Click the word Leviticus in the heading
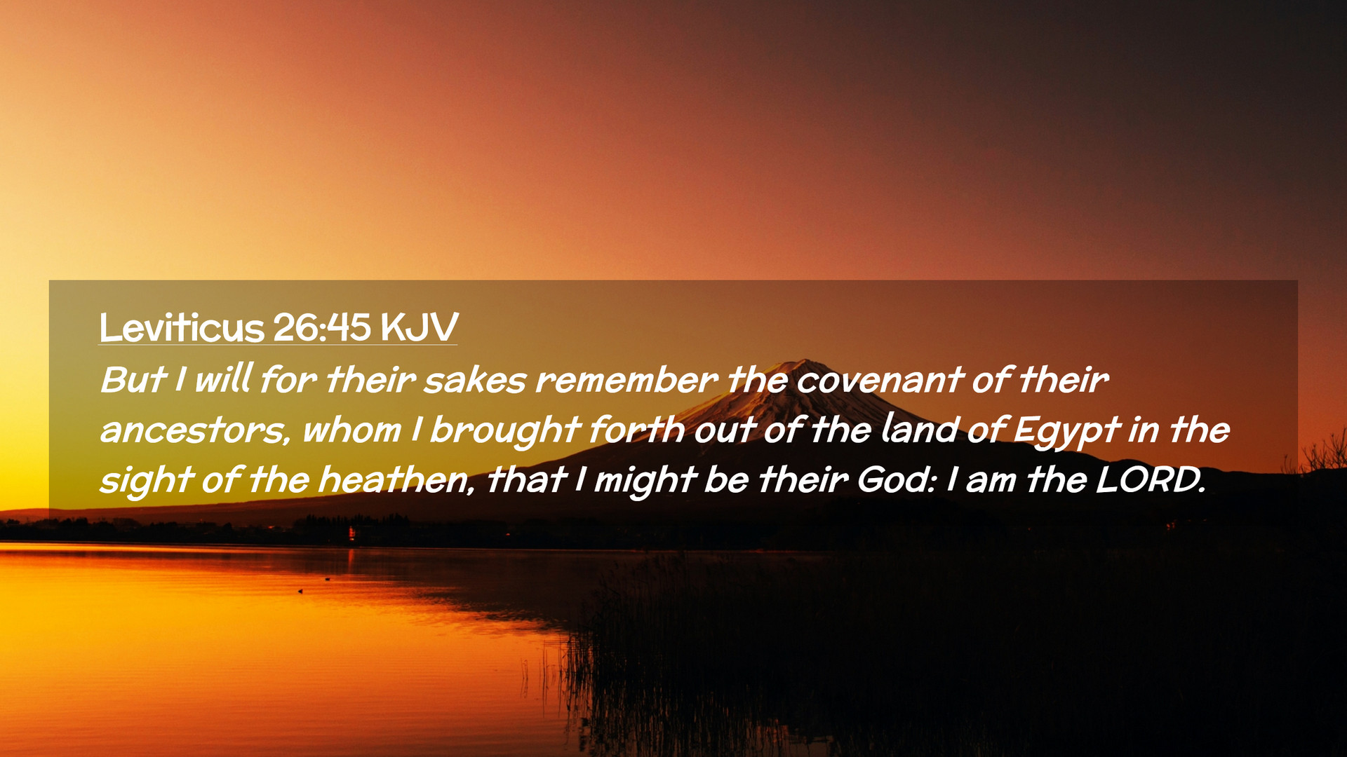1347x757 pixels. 182,327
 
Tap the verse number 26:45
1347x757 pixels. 322,327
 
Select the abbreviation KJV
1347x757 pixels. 419,327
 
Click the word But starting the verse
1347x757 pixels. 133,380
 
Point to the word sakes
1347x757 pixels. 475,380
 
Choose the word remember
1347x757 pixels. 626,380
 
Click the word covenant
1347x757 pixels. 880,381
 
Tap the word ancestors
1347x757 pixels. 195,430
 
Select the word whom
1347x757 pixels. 351,430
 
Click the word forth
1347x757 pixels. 637,430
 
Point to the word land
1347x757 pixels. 919,430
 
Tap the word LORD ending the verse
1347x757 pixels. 1151,480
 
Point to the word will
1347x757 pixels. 223,379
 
